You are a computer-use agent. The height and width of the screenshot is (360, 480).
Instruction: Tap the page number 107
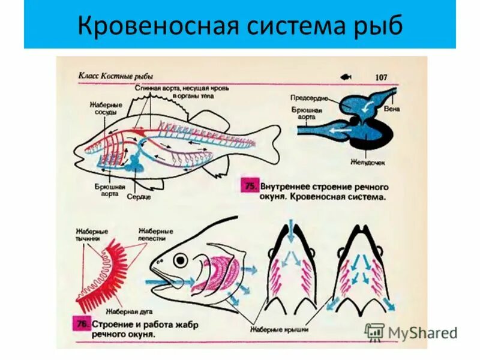click(383, 77)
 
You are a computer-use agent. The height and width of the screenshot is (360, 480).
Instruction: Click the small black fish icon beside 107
click(346, 77)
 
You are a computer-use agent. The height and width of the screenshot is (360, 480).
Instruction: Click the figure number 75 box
click(250, 186)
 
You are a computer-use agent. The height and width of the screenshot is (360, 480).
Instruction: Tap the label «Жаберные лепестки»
click(155, 235)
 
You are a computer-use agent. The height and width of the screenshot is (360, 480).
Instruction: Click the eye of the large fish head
click(179, 260)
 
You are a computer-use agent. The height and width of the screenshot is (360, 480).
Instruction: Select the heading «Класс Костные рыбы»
click(115, 76)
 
